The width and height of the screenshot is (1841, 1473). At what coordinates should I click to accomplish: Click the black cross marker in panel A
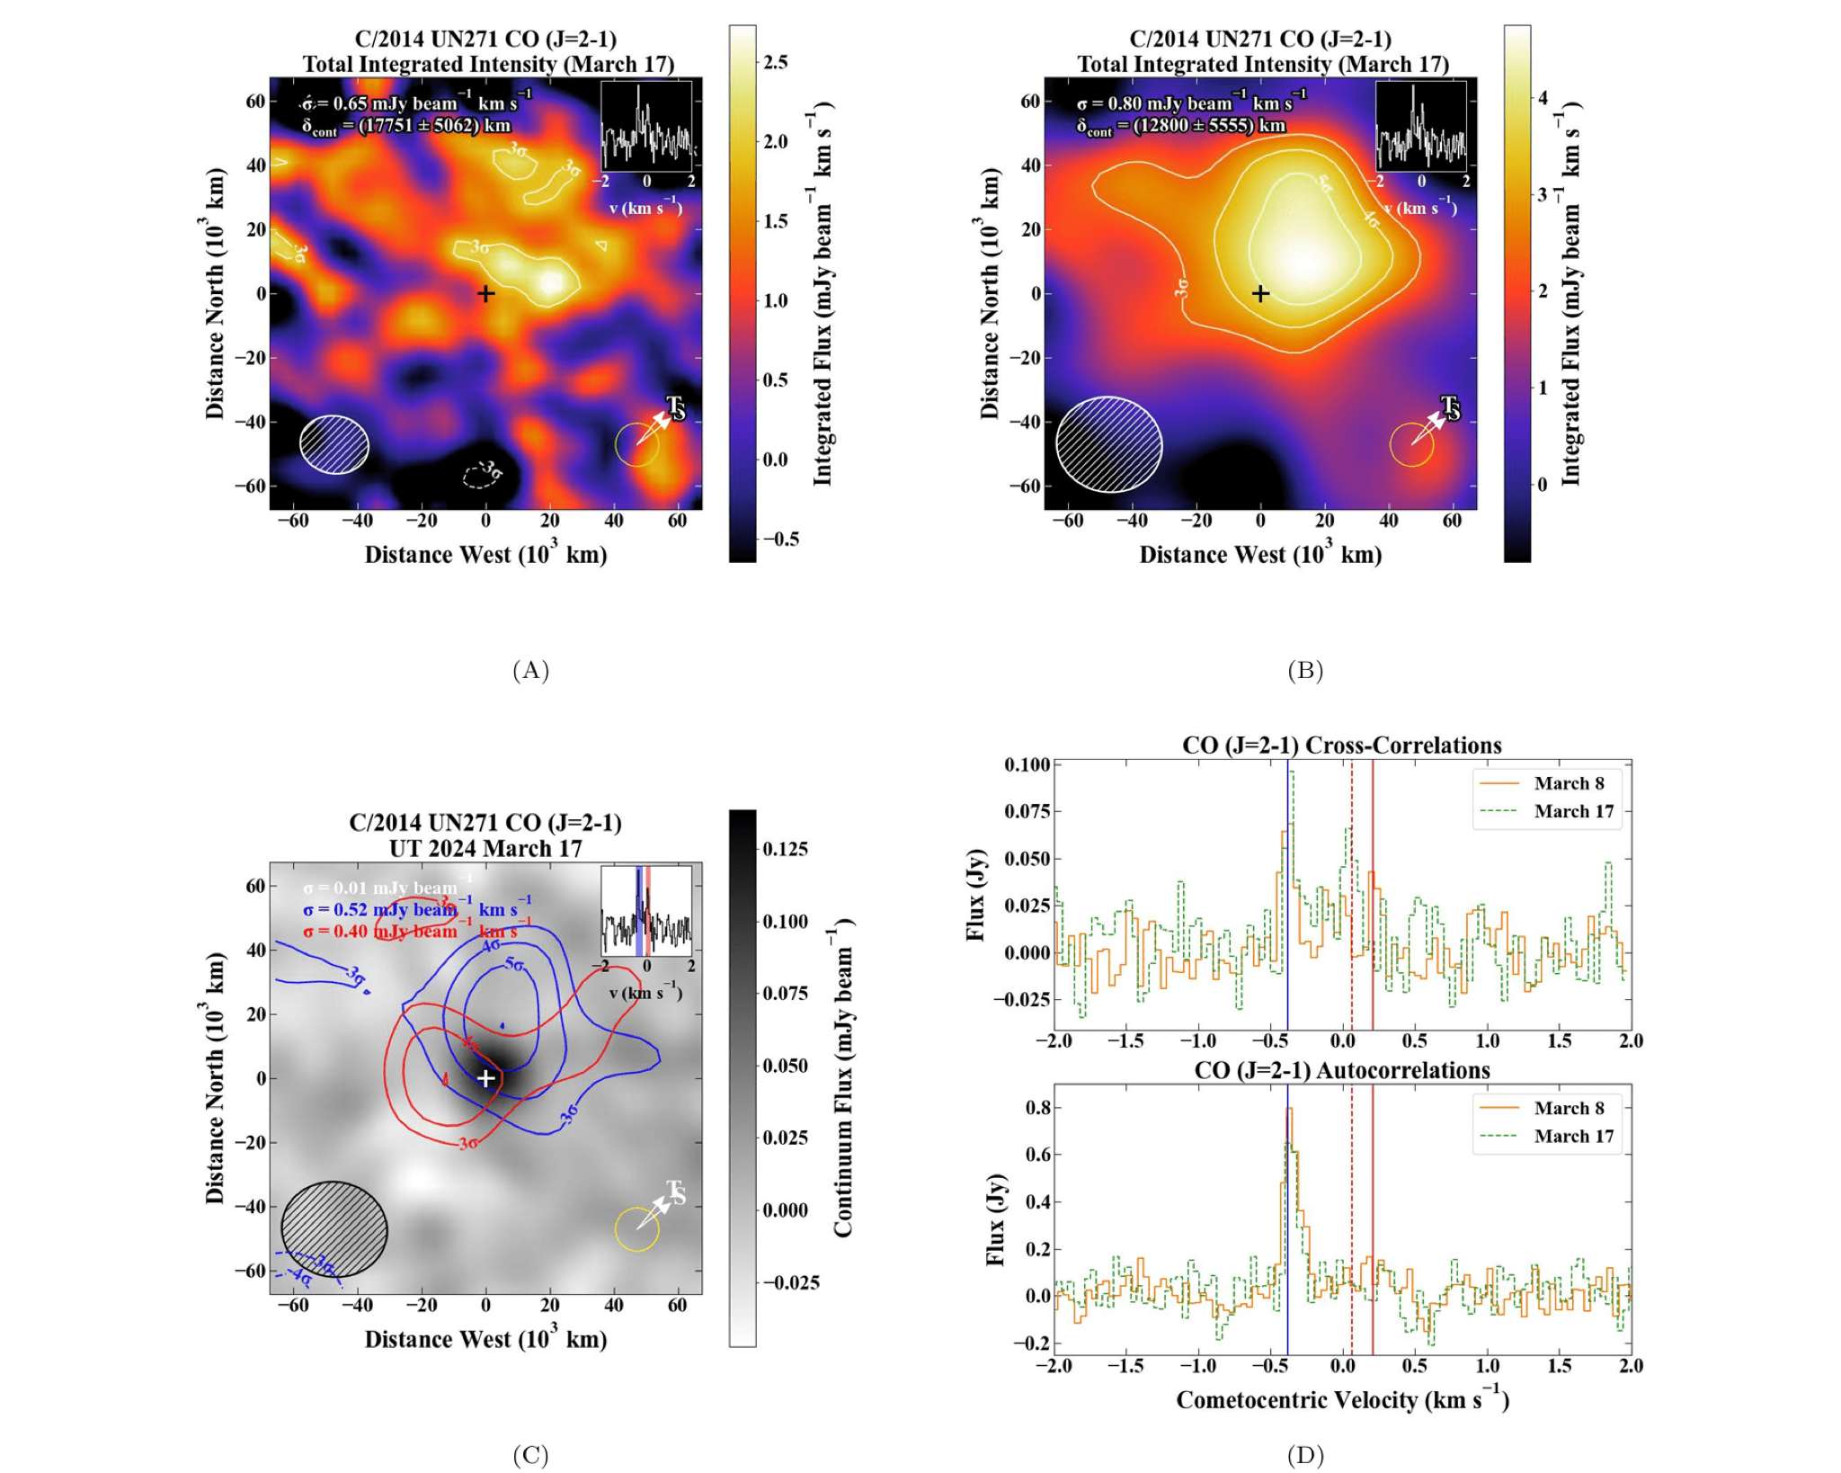[485, 293]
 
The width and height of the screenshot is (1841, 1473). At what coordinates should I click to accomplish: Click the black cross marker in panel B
[1260, 293]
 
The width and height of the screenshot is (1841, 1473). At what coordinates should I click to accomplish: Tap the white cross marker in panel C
[485, 1077]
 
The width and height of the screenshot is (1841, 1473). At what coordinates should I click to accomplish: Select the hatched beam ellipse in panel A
[334, 444]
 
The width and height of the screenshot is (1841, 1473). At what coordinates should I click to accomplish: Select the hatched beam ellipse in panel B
[1109, 444]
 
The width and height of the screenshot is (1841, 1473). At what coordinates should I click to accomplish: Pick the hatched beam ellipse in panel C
[334, 1228]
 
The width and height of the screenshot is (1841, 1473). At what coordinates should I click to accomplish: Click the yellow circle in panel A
[636, 444]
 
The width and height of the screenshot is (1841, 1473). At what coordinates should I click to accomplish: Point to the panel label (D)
[1305, 1454]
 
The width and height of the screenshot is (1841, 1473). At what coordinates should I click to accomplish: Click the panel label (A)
[530, 670]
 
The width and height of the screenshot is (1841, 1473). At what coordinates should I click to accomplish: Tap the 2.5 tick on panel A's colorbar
[775, 62]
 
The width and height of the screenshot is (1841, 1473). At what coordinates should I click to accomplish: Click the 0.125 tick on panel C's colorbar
[786, 849]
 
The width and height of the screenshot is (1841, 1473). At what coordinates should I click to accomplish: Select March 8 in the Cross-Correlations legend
[1569, 783]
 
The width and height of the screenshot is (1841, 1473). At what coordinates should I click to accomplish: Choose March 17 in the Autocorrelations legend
[1573, 1136]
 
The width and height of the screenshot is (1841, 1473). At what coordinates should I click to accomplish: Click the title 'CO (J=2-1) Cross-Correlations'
[1341, 745]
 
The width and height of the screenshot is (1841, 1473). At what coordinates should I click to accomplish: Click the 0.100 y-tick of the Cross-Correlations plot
[1027, 764]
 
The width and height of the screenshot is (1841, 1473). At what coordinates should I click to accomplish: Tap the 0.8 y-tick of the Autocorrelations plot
[1038, 1107]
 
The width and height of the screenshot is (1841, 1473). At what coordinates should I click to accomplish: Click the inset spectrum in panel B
[1421, 126]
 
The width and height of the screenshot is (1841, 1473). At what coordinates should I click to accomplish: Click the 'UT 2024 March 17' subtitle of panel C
[485, 848]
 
